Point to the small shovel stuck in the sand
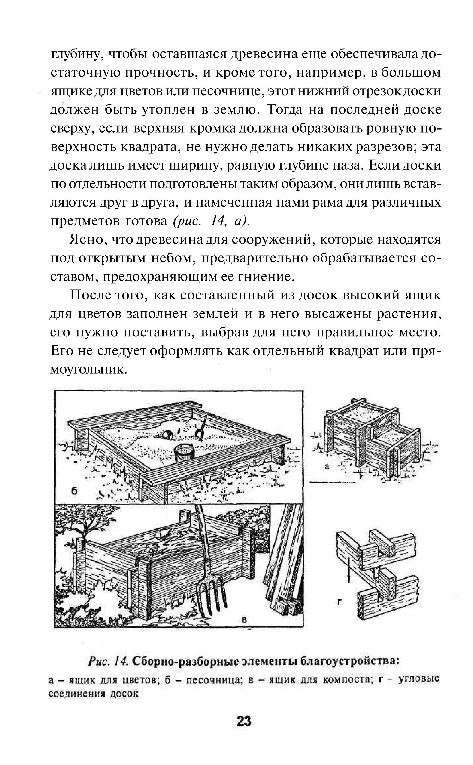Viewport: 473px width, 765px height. pos(200,427)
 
